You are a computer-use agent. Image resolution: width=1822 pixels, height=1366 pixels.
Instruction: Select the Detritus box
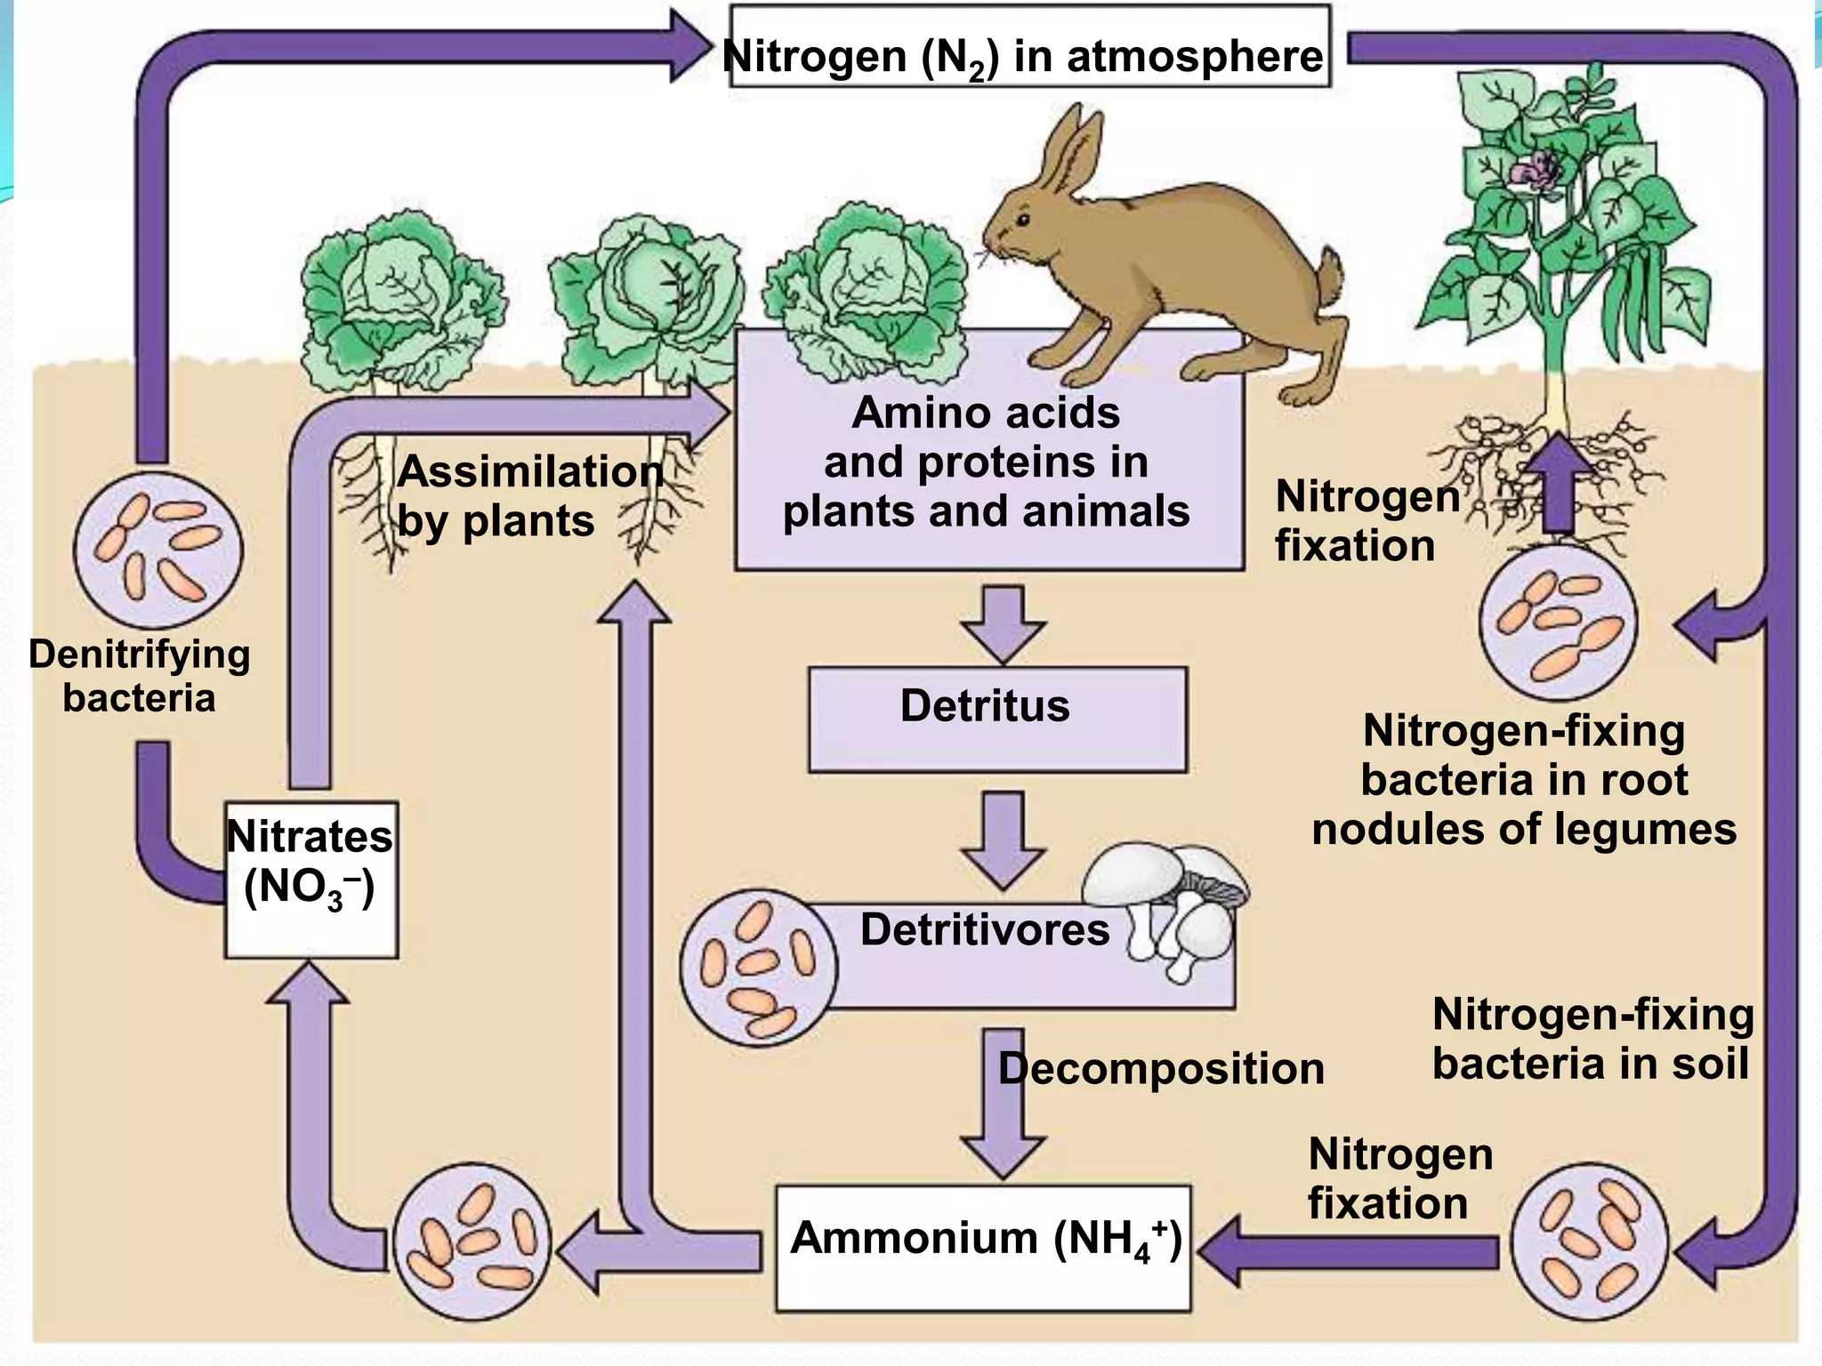click(x=996, y=719)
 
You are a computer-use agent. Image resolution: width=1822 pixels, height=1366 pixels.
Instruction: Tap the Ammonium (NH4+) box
click(x=983, y=1247)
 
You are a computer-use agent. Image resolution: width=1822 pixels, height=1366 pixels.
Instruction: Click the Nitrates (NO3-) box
click(x=310, y=879)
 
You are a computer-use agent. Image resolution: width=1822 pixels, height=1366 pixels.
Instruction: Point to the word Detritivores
click(x=984, y=929)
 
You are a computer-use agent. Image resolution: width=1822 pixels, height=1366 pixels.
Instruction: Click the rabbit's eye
click(x=1024, y=220)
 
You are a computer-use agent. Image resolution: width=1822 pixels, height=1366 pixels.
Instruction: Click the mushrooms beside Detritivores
click(x=1165, y=907)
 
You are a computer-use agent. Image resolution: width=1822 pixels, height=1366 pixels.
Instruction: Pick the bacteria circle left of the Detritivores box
click(x=759, y=967)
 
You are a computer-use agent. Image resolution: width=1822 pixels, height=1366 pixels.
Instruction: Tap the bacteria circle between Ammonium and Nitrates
click(x=472, y=1241)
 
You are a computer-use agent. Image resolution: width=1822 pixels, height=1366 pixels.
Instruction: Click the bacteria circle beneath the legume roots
click(x=1558, y=623)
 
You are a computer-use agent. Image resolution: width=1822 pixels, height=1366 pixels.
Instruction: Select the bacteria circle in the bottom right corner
click(x=1590, y=1241)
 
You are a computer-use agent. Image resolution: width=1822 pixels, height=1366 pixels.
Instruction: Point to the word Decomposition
click(x=1161, y=1068)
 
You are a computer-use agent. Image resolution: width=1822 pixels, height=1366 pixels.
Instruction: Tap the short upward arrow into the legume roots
click(x=1557, y=480)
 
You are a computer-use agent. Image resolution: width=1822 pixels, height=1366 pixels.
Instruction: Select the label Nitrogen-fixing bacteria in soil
click(x=1592, y=1039)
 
